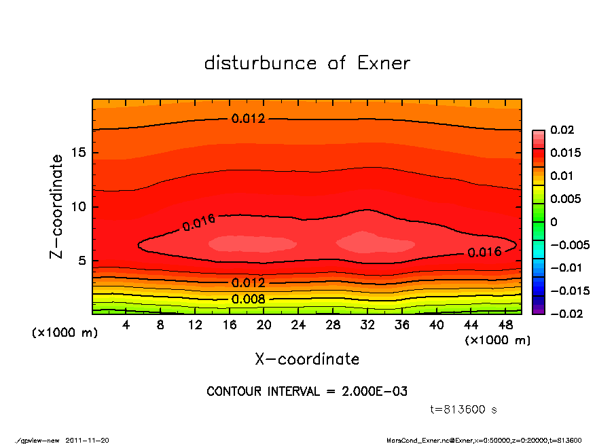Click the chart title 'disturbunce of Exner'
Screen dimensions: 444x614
[307, 64]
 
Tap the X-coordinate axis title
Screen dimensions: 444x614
[307, 359]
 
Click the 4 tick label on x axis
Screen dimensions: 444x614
[126, 325]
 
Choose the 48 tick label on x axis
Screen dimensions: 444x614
[505, 325]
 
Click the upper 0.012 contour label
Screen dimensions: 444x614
[249, 119]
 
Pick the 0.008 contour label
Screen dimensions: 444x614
[249, 299]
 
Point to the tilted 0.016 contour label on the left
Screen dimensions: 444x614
[198, 222]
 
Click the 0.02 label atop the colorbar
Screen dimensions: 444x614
[561, 130]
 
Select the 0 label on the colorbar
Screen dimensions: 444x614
[554, 222]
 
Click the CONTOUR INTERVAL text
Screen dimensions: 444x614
[307, 392]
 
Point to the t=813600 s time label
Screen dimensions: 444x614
[464, 409]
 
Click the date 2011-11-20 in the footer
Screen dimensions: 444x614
[88, 440]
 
